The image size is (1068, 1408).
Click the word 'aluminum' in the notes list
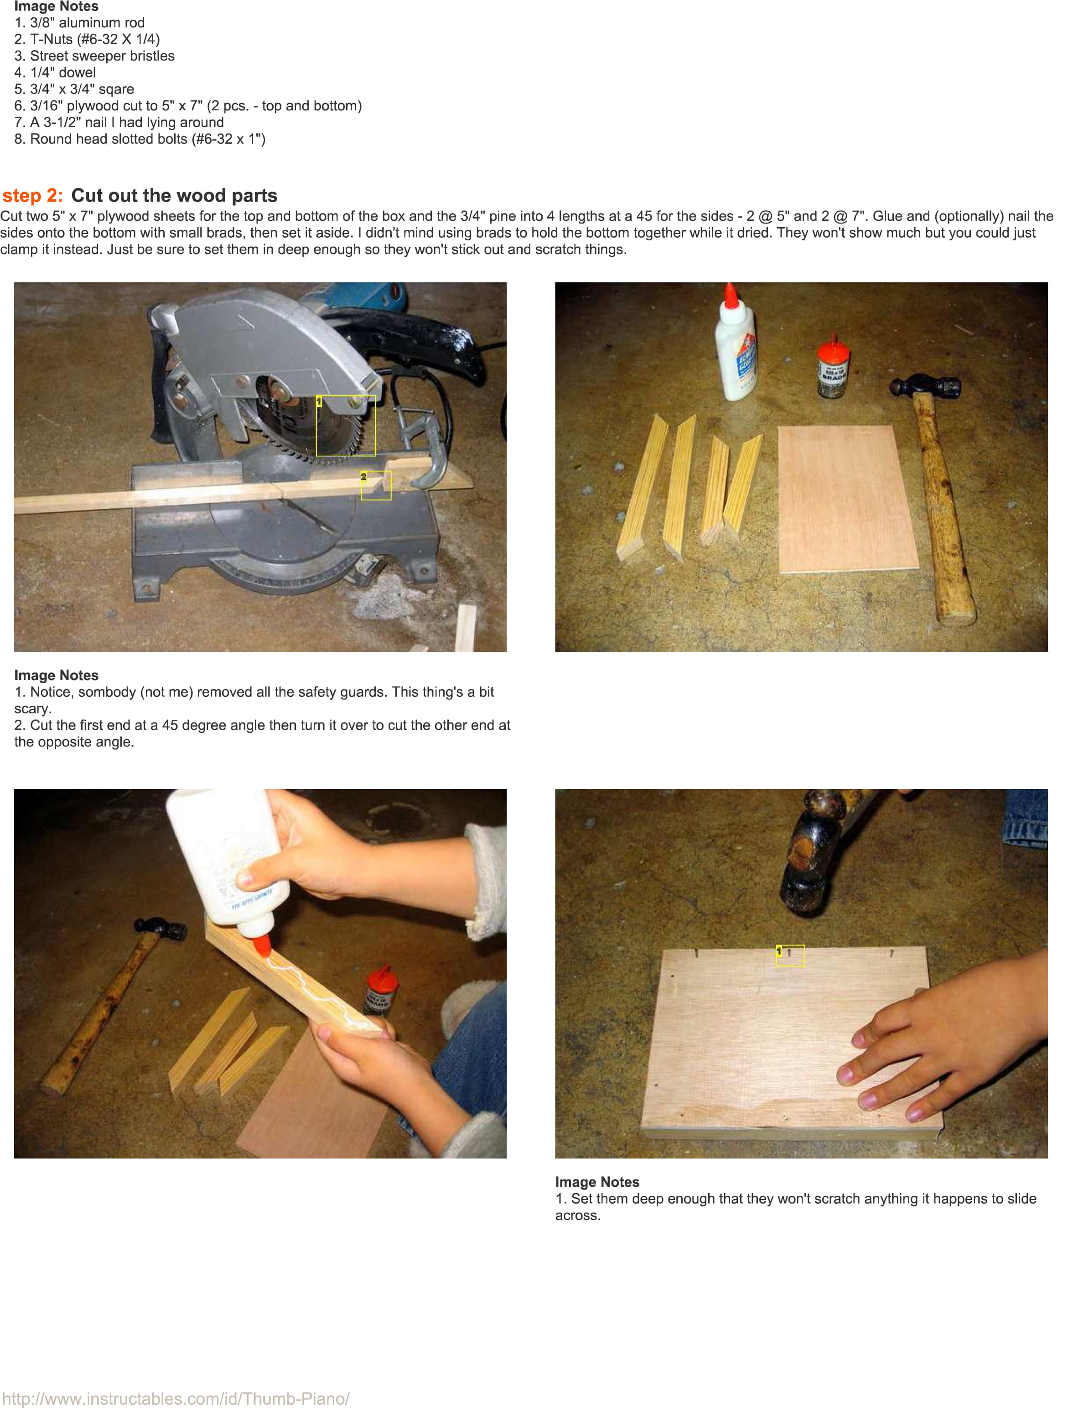coord(86,23)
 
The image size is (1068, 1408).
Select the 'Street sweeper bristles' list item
coord(94,56)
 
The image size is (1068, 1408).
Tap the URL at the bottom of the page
coord(176,1398)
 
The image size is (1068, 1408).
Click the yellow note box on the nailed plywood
coord(790,956)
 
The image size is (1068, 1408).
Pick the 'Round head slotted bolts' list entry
coord(140,139)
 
